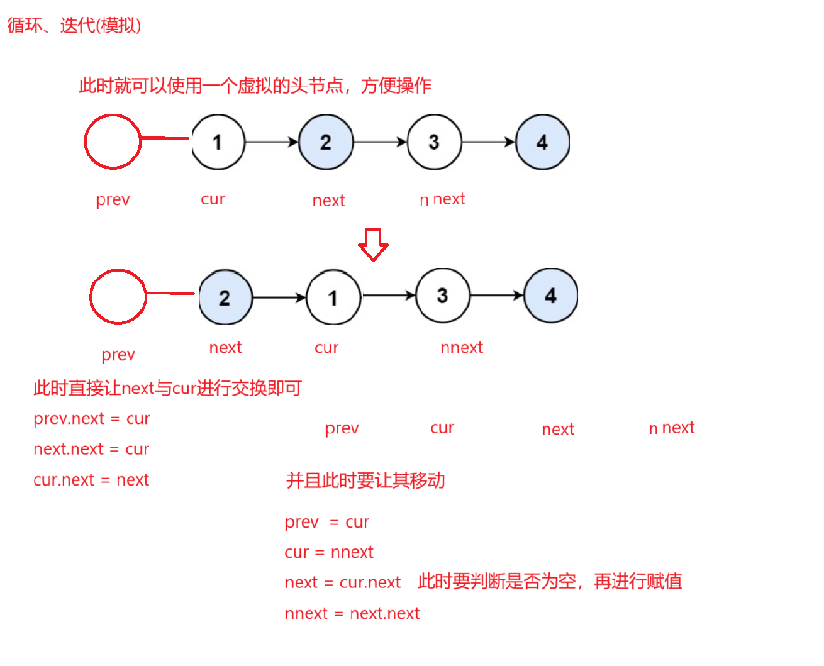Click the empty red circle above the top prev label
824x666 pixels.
113,142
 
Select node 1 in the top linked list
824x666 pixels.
218,142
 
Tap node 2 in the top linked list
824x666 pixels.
326,142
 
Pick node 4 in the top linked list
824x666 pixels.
542,142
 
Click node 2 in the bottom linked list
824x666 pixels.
225,297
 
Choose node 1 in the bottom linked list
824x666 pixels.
333,297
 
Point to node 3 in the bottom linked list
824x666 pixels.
442,296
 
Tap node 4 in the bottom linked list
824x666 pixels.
551,296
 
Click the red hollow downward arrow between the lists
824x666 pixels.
373,244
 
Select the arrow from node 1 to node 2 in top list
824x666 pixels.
271,142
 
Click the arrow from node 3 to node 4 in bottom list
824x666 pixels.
497,296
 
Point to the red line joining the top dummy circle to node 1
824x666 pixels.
165,138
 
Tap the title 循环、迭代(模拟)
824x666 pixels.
74,26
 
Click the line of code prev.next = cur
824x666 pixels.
92,419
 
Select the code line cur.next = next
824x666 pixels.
91,480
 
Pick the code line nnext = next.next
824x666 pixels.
352,614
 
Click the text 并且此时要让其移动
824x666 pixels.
365,481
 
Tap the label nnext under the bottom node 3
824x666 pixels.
462,348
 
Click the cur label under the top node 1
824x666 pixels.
213,199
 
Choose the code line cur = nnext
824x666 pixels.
329,553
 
